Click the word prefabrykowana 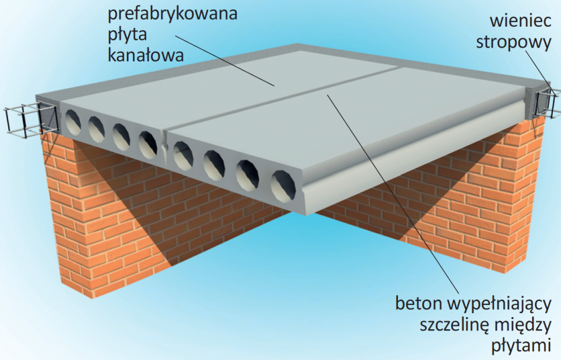tap(172, 14)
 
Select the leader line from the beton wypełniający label tap(393, 191)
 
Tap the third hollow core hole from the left tap(120, 134)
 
